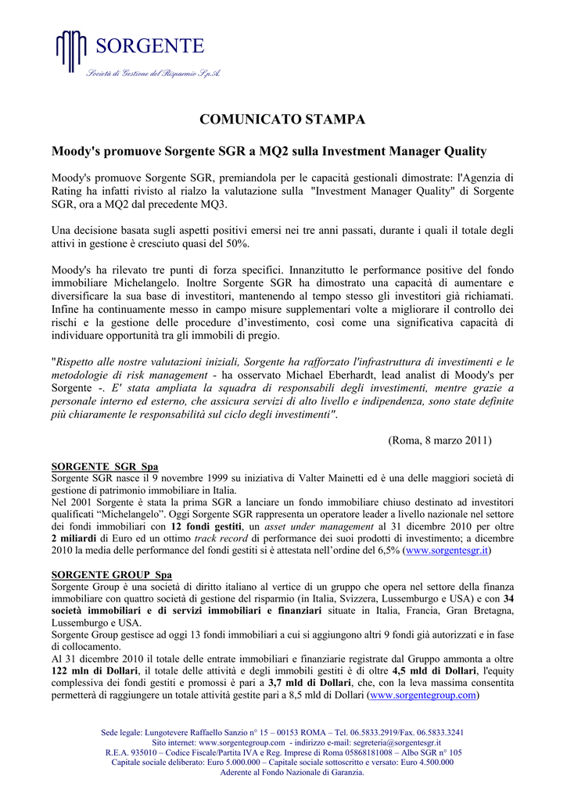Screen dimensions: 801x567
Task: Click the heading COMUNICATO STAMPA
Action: (282, 120)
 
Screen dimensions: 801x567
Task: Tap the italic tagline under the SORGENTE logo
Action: (153, 73)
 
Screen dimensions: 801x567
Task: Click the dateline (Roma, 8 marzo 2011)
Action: (440, 440)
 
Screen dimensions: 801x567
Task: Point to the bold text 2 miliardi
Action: (77, 539)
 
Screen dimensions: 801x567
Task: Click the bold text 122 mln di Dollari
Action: (95, 671)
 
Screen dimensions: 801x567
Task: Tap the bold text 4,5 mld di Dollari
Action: (435, 671)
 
